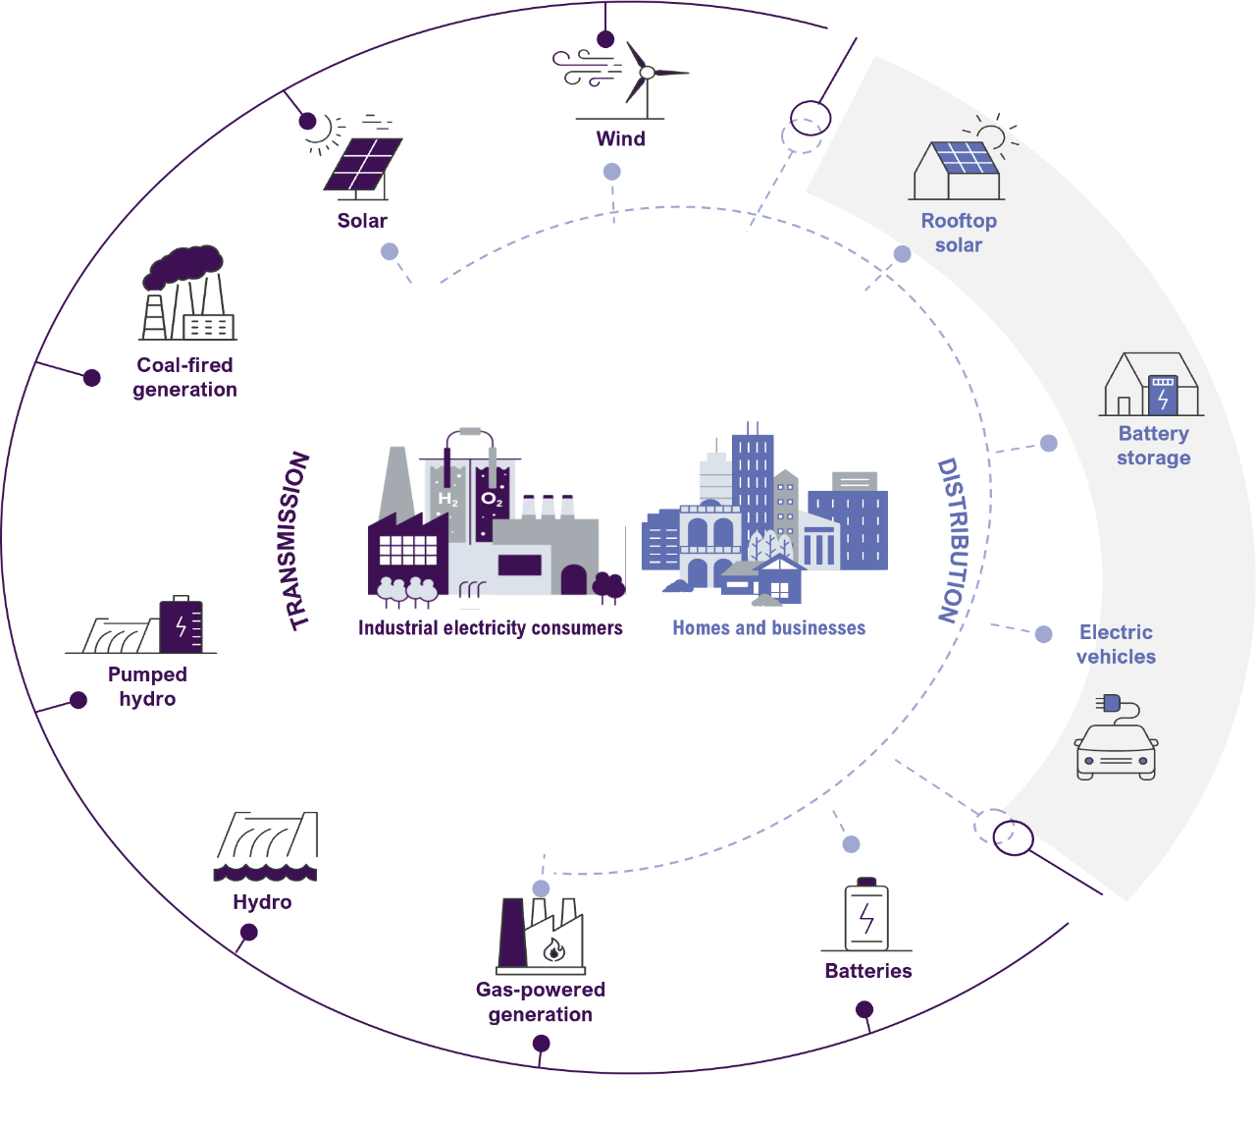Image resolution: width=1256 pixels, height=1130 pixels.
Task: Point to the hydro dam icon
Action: tap(266, 845)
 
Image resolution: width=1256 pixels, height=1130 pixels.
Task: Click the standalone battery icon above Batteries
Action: tap(866, 915)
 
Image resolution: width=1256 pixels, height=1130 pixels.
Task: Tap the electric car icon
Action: tap(1117, 744)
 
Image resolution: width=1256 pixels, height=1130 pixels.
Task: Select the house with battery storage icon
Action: tap(1152, 385)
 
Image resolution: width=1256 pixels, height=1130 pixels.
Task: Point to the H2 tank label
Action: tap(447, 500)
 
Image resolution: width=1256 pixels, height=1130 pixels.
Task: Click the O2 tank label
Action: tap(492, 500)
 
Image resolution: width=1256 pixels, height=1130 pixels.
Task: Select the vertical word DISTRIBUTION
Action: tap(950, 540)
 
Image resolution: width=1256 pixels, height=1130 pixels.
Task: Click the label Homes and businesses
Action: tap(768, 628)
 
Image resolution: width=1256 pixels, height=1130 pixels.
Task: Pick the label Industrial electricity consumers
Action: tap(490, 628)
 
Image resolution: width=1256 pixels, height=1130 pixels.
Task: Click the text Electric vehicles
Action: tap(1116, 644)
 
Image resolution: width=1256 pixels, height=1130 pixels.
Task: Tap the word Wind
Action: tap(620, 139)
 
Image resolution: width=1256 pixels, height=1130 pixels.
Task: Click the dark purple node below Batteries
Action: tap(864, 1009)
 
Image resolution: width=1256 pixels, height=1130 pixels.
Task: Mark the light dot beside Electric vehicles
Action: tap(1043, 634)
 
